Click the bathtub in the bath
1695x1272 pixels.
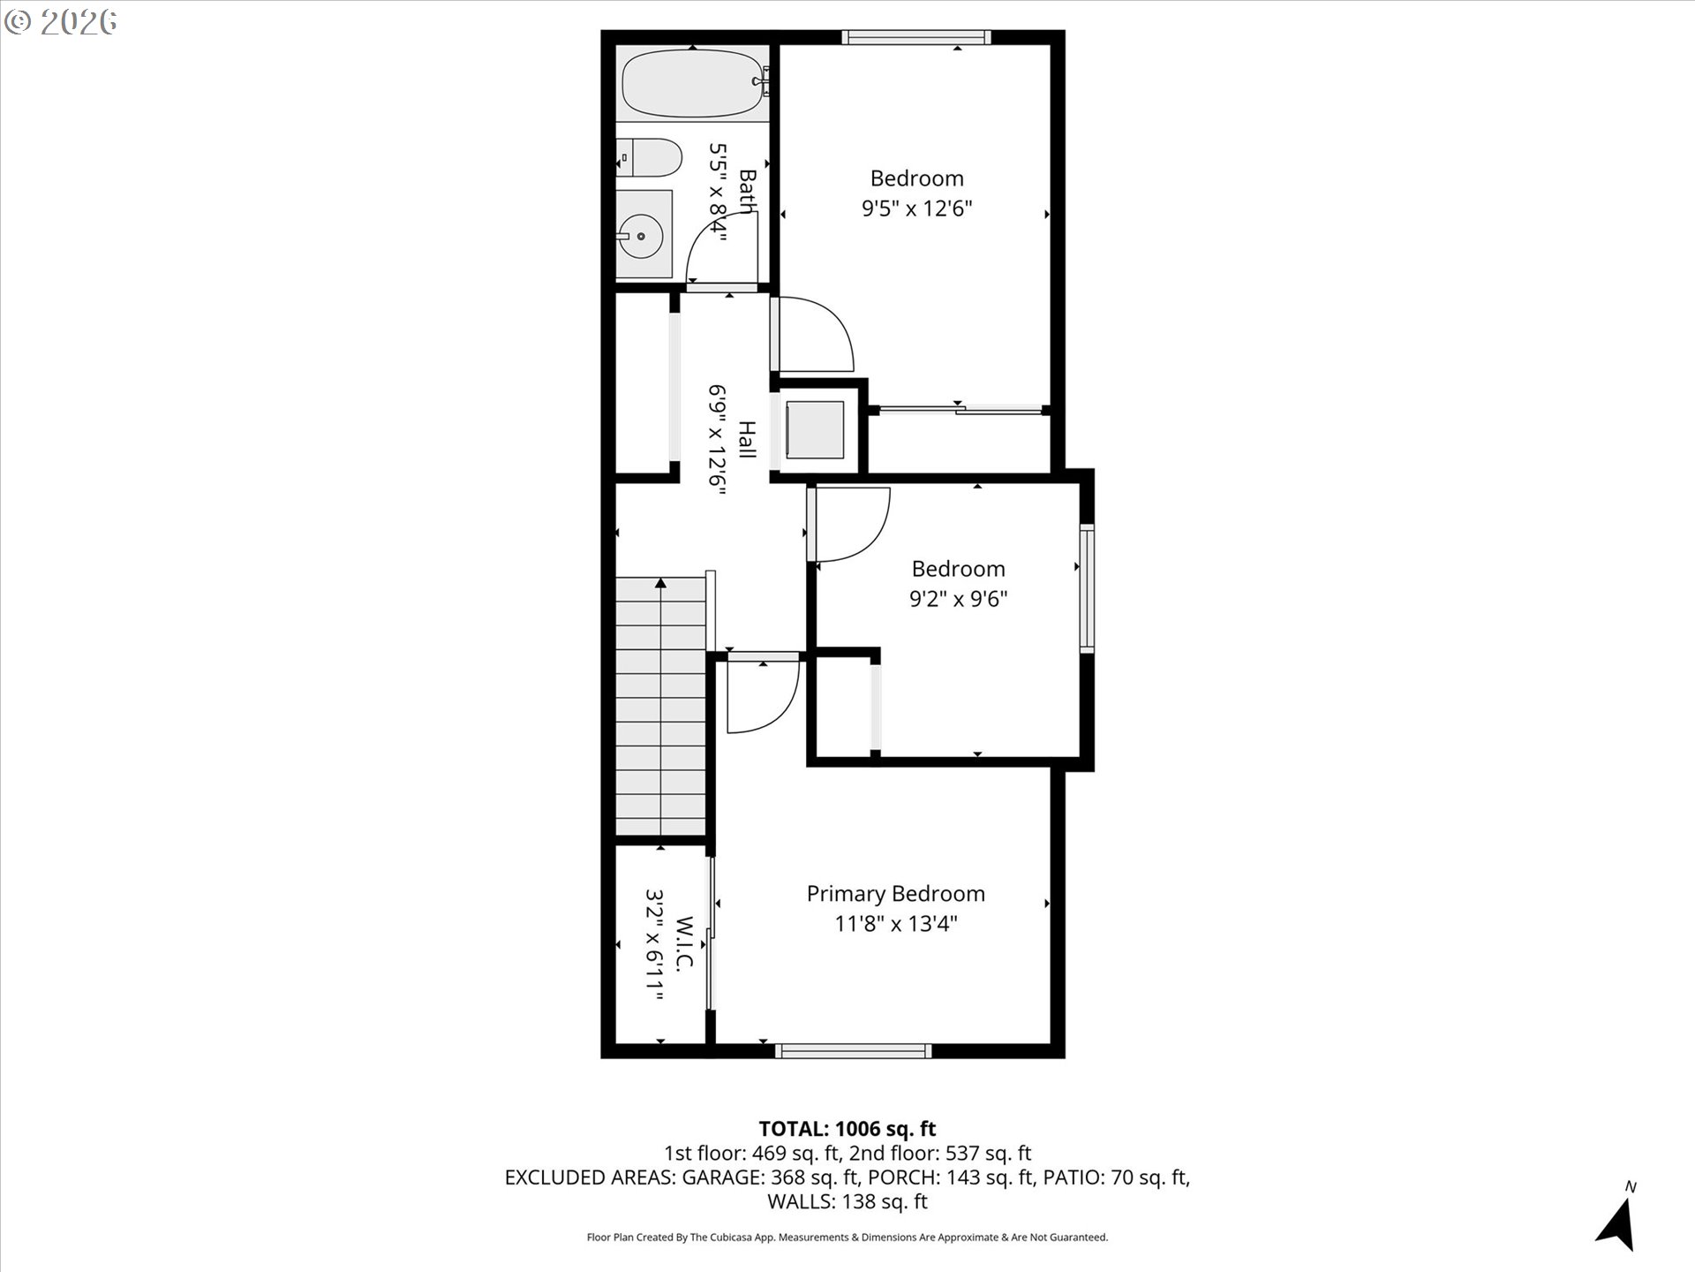pyautogui.click(x=693, y=84)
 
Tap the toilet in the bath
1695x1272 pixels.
pyautogui.click(x=652, y=158)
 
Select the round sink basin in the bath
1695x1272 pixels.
pyautogui.click(x=639, y=236)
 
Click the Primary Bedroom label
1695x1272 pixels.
pyautogui.click(x=895, y=894)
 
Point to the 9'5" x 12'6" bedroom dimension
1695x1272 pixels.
pyautogui.click(x=916, y=208)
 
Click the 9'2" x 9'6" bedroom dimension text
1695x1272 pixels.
pyautogui.click(x=958, y=599)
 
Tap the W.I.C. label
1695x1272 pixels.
pyautogui.click(x=685, y=943)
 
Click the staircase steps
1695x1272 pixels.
pyautogui.click(x=660, y=707)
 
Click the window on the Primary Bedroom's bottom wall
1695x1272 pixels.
pyautogui.click(x=853, y=1050)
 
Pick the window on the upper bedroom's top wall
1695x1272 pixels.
pyautogui.click(x=915, y=37)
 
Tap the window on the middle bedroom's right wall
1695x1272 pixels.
pyautogui.click(x=1087, y=589)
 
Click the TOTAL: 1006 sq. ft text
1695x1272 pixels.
pyautogui.click(x=847, y=1128)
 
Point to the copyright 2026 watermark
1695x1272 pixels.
pyautogui.click(x=60, y=22)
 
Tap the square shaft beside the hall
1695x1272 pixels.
pyautogui.click(x=814, y=429)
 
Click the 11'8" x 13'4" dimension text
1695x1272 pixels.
pyautogui.click(x=895, y=924)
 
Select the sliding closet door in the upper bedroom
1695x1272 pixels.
pyautogui.click(x=960, y=409)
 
